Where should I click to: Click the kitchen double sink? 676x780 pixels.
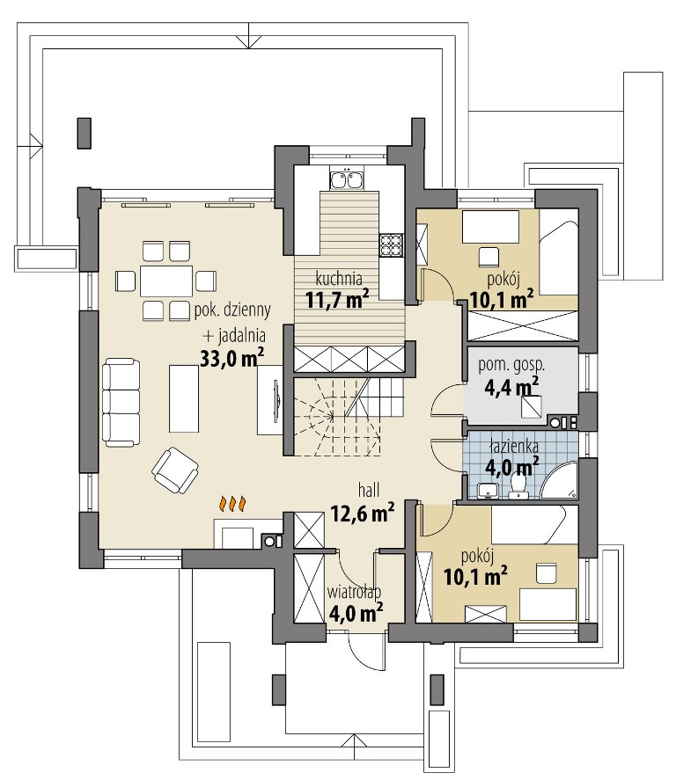coord(347,179)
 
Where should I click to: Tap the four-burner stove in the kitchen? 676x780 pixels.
coord(392,244)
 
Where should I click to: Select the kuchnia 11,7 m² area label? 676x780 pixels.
coord(337,289)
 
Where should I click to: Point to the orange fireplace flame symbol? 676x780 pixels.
coord(232,504)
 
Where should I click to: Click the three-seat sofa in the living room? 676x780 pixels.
coord(121,403)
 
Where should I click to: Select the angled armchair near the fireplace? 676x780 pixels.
coord(175,470)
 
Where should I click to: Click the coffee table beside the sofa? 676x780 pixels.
coord(184,398)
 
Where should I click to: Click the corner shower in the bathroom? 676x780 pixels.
coord(560,480)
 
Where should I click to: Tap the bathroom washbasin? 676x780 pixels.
coord(488,491)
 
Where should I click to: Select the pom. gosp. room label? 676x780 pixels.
coord(511,365)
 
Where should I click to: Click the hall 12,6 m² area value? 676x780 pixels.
coord(363,513)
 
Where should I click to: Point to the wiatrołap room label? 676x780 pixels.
coord(354,592)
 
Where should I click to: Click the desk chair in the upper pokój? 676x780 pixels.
coord(489,257)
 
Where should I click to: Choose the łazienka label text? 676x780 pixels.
coord(513,446)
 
